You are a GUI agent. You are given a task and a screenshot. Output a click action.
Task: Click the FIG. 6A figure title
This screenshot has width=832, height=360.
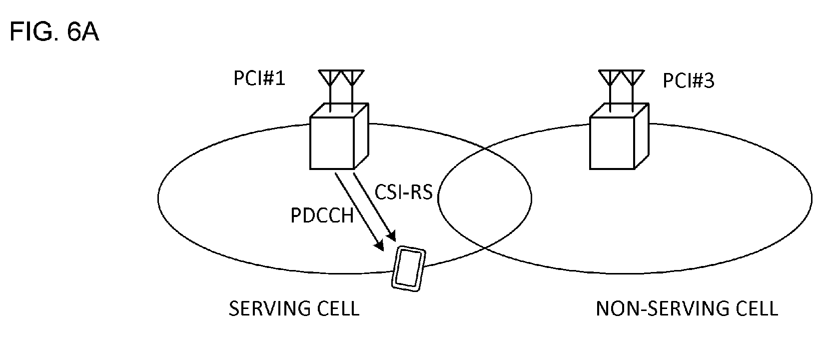(x=54, y=31)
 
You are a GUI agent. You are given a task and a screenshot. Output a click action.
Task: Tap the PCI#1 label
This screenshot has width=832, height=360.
(x=259, y=78)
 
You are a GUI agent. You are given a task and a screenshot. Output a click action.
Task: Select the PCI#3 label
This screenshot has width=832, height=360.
(x=688, y=80)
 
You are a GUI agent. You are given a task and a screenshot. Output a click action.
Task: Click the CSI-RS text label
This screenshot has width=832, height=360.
(x=403, y=192)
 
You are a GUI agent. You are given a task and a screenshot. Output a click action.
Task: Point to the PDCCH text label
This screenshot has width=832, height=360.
(x=322, y=215)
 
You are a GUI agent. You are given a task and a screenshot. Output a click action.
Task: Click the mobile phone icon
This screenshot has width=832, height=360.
(x=409, y=268)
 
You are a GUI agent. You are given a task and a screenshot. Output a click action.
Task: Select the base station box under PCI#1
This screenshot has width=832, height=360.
(x=339, y=136)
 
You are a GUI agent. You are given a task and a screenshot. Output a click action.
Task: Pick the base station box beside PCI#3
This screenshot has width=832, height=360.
(x=619, y=136)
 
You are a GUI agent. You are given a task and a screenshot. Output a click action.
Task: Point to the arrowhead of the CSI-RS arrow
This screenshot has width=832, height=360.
(x=391, y=235)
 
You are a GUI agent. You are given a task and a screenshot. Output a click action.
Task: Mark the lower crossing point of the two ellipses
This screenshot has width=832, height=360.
(x=485, y=248)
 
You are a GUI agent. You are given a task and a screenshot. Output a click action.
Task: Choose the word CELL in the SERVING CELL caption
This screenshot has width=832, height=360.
(x=338, y=308)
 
